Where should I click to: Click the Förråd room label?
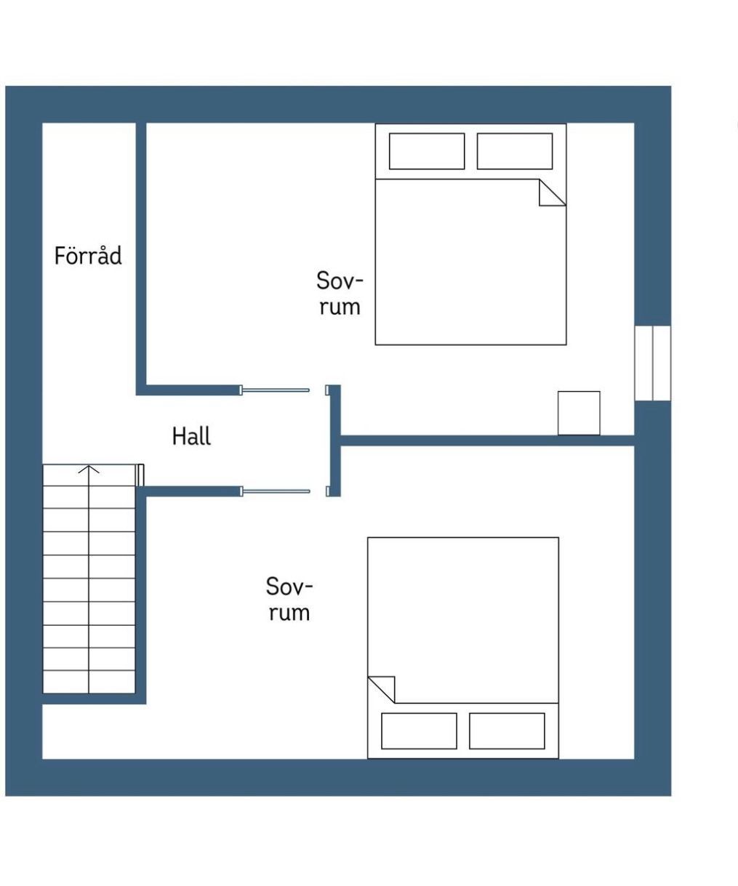point(88,255)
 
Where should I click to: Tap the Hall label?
point(191,436)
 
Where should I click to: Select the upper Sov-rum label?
point(340,293)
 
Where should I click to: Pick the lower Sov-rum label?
point(289,599)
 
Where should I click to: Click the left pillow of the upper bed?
point(427,151)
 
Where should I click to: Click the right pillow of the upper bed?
point(515,151)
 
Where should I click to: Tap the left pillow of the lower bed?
point(419,730)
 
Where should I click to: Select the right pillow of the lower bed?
point(507,730)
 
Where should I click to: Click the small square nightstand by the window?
point(579,413)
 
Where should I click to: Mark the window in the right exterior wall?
point(653,363)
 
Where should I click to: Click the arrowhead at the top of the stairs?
point(89,469)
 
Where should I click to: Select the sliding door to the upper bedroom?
point(275,390)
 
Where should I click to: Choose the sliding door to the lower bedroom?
point(275,491)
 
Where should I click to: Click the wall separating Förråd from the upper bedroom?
point(141,259)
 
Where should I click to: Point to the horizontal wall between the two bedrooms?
point(487,440)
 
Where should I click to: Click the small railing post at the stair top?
point(140,475)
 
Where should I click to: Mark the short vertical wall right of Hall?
point(335,440)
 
